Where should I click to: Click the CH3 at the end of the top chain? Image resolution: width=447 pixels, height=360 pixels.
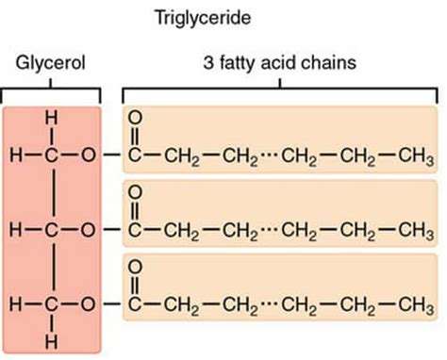tap(416, 155)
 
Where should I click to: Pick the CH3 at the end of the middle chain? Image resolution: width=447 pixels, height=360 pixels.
tap(416, 230)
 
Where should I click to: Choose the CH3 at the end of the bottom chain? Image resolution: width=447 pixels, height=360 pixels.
tap(416, 305)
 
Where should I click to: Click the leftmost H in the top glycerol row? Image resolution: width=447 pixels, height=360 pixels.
tap(13, 154)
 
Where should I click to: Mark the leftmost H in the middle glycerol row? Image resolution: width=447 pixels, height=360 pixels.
tap(13, 229)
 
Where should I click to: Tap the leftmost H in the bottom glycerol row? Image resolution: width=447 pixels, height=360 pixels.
tap(13, 304)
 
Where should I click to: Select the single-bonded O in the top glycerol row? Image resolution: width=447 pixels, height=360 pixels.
tap(89, 154)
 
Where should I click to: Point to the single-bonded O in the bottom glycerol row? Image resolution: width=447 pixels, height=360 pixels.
tap(89, 304)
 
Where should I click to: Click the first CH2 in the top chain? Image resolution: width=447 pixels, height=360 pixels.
tap(179, 155)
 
